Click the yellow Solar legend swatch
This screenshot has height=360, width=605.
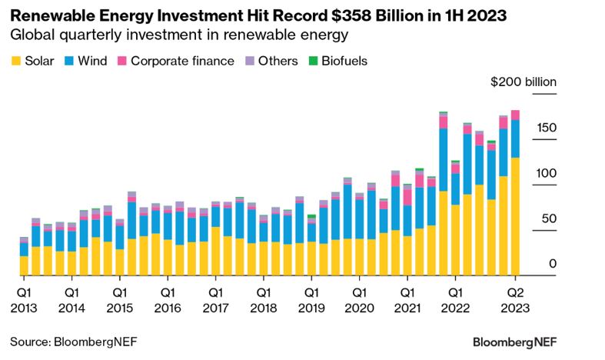pyautogui.click(x=16, y=61)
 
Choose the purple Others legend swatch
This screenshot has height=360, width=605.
pyautogui.click(x=249, y=61)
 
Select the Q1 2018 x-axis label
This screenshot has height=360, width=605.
pyautogui.click(x=264, y=299)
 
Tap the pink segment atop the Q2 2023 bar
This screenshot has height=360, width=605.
pyautogui.click(x=515, y=115)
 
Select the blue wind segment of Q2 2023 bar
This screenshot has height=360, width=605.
pyautogui.click(x=515, y=138)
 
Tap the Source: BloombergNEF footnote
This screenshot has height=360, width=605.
pyautogui.click(x=74, y=340)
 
